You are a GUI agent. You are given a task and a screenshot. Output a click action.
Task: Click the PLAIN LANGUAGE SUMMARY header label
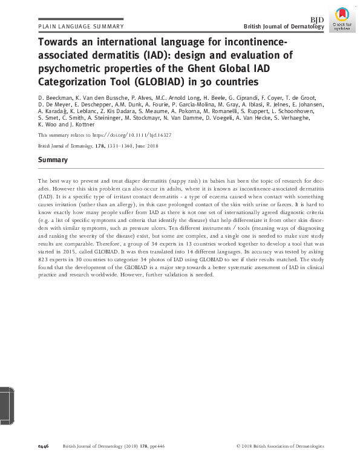coord(80,27)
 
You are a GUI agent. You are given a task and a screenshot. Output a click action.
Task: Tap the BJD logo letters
coord(317,21)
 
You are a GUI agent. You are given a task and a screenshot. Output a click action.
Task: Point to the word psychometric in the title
coord(68,68)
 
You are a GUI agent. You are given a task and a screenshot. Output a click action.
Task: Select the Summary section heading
coord(53,160)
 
